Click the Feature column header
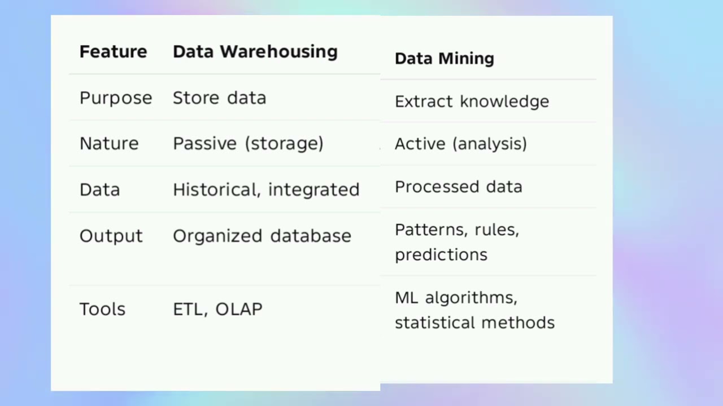point(113,52)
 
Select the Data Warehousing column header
point(255,52)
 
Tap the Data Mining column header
point(444,59)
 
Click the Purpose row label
point(116,98)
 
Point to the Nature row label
point(109,144)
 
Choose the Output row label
point(111,236)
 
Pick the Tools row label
point(102,309)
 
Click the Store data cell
point(219,98)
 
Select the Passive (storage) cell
point(248,144)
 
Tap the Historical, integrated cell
point(266,189)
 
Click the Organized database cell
point(262,236)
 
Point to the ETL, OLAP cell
point(217,309)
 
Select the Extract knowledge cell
point(472,101)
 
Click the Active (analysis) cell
point(460,144)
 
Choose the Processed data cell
point(458,187)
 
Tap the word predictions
point(441,255)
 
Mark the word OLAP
point(239,309)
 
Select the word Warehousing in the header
point(278,52)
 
